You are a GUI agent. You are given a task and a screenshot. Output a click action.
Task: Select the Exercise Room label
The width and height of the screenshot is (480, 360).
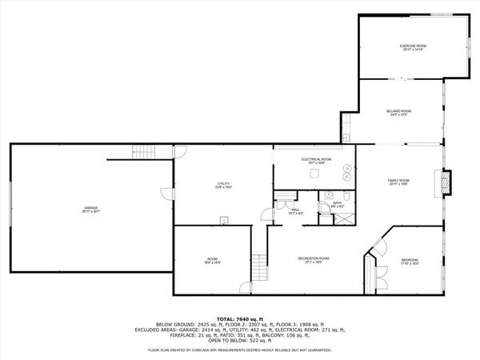pyautogui.click(x=413, y=46)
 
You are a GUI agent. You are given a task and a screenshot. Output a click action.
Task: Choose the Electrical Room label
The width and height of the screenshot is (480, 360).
pyautogui.click(x=316, y=160)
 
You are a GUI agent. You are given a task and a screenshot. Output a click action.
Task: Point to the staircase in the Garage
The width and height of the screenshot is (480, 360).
pyautogui.click(x=143, y=151)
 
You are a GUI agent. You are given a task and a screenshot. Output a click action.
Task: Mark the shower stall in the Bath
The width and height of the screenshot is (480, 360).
pyautogui.click(x=327, y=196)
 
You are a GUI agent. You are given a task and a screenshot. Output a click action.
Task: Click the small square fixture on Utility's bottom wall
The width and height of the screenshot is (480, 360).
pyautogui.click(x=225, y=221)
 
